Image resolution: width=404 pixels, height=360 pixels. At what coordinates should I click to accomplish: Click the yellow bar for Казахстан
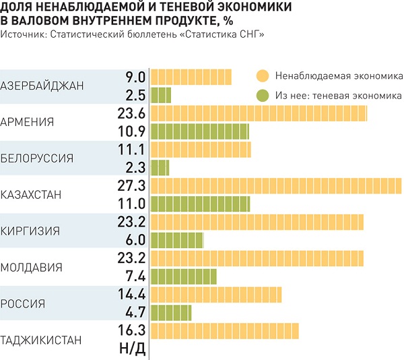(276, 185)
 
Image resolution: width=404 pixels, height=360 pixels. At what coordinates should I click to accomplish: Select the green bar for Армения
(199, 131)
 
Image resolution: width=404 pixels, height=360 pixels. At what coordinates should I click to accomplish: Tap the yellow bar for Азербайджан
(191, 76)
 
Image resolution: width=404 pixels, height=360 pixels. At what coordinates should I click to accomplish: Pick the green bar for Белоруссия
(160, 167)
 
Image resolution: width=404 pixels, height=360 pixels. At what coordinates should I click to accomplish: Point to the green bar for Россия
(171, 312)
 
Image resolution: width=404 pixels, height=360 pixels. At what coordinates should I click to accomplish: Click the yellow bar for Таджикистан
(224, 330)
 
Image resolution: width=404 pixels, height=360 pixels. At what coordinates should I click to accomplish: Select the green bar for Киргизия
(176, 240)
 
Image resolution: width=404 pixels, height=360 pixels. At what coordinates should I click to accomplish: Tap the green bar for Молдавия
(183, 276)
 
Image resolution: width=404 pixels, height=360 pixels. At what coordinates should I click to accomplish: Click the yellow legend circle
(263, 76)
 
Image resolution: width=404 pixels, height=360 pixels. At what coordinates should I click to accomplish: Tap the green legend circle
(263, 95)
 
